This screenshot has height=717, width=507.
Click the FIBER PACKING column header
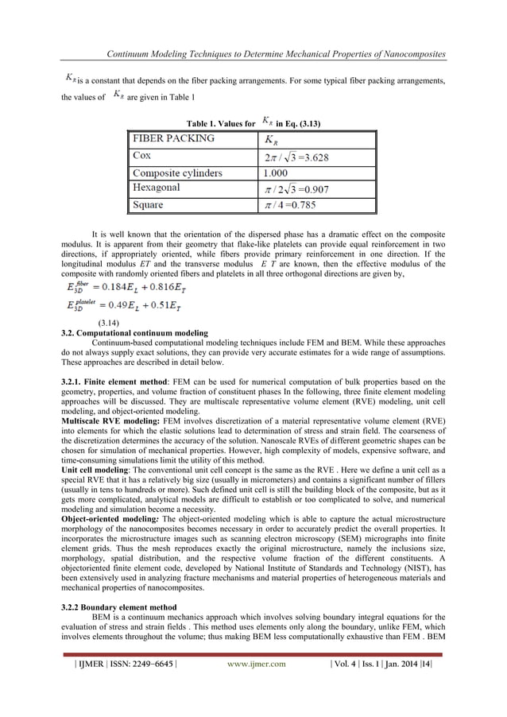point(172,138)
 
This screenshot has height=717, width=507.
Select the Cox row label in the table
point(143,156)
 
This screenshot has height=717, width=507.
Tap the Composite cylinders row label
point(177,172)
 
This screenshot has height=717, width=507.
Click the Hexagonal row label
point(157,188)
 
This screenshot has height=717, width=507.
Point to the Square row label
point(149,204)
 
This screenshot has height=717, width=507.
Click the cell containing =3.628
point(298,156)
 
